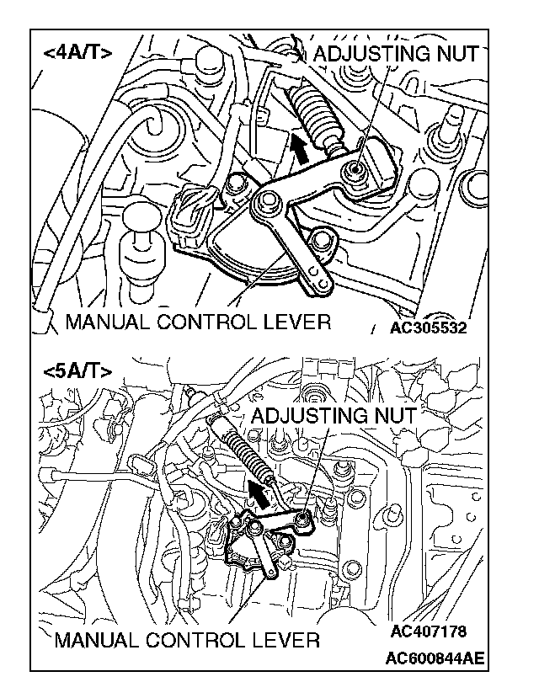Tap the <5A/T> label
tap(77, 370)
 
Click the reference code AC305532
tap(428, 328)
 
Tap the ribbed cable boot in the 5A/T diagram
tap(246, 458)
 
